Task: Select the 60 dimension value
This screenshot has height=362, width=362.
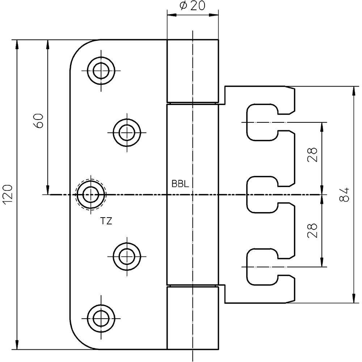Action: coord(39,121)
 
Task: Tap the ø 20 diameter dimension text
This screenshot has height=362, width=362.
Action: coord(192,7)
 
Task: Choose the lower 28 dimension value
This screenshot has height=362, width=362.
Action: coord(313,230)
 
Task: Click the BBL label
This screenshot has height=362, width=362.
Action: coord(180,184)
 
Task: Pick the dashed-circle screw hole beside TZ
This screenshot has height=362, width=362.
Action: coord(89,195)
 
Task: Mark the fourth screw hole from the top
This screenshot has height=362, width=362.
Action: coord(127,256)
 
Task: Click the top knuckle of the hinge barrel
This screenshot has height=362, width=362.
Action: coord(193,71)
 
